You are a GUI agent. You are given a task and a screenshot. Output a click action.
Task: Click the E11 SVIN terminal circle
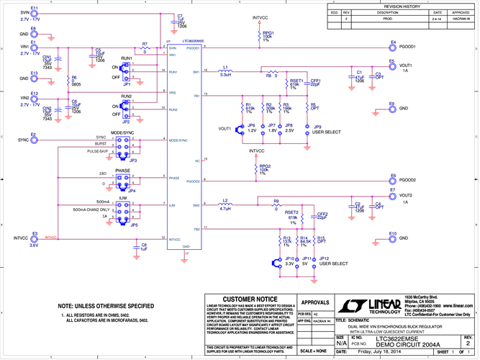pyautogui.click(x=33, y=14)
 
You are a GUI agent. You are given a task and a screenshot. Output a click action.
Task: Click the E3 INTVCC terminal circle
pyautogui.click(x=33, y=237)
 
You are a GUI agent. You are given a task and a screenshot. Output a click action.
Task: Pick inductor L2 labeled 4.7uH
pyautogui.click(x=225, y=204)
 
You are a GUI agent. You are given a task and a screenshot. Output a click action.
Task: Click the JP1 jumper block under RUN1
pyautogui.click(x=127, y=72)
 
